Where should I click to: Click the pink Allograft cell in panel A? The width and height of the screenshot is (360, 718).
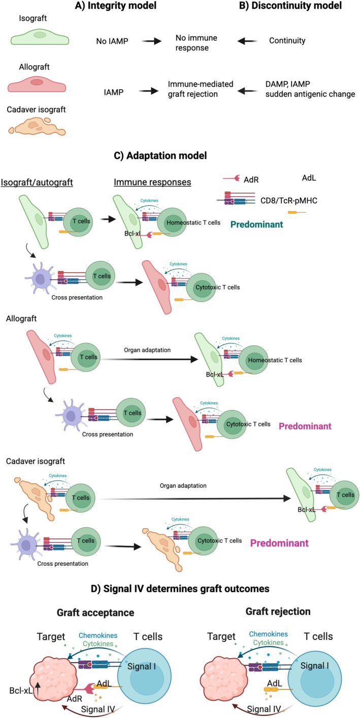pyautogui.click(x=37, y=83)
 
